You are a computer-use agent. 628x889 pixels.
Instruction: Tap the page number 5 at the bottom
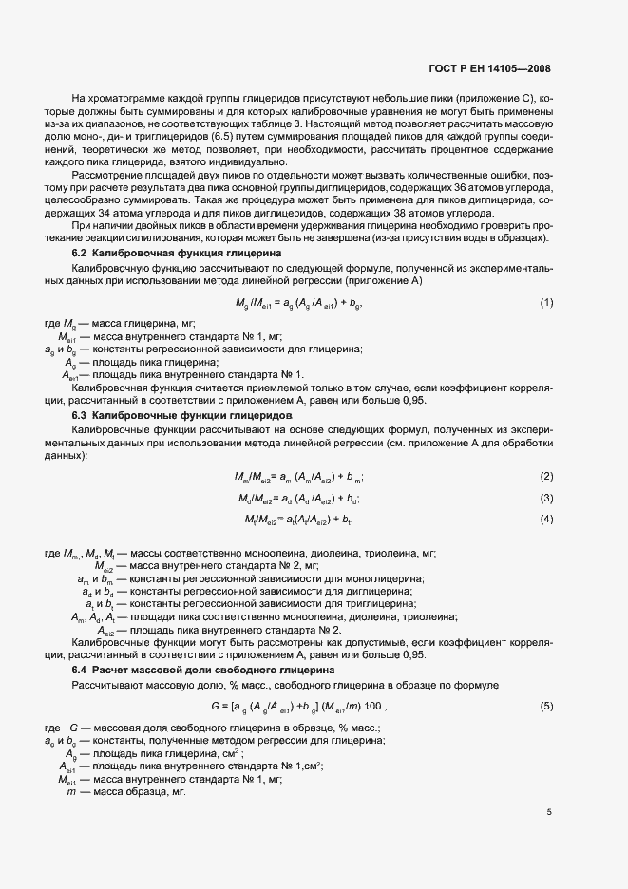coord(549,812)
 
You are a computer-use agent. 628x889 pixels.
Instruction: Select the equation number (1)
coord(546,302)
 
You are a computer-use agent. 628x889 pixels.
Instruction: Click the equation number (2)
coord(546,476)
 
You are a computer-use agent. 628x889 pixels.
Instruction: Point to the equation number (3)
coord(546,498)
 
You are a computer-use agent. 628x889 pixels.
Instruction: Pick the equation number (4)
coord(546,519)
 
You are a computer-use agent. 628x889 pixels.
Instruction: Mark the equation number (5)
coord(546,706)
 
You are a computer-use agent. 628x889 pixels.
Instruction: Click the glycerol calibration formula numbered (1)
coord(299,303)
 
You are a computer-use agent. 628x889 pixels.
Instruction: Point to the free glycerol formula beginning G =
coord(298,706)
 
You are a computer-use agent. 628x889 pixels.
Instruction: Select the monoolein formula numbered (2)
coord(299,476)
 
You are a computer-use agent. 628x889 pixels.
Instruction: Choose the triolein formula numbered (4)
coord(299,519)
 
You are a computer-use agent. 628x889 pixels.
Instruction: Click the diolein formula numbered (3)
coord(299,498)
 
